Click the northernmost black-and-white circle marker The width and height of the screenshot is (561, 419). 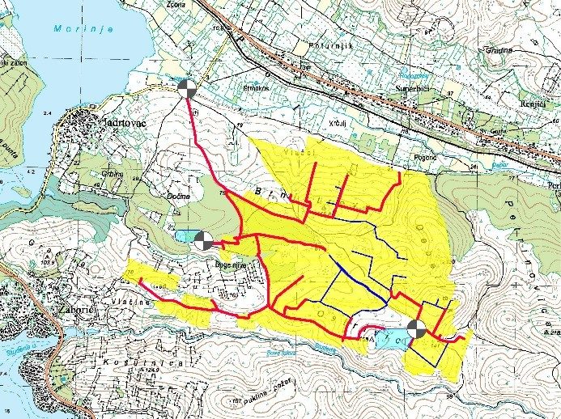point(186,86)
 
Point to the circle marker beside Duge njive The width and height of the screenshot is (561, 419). point(202,239)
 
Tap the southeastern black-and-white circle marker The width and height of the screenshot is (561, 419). point(416,328)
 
